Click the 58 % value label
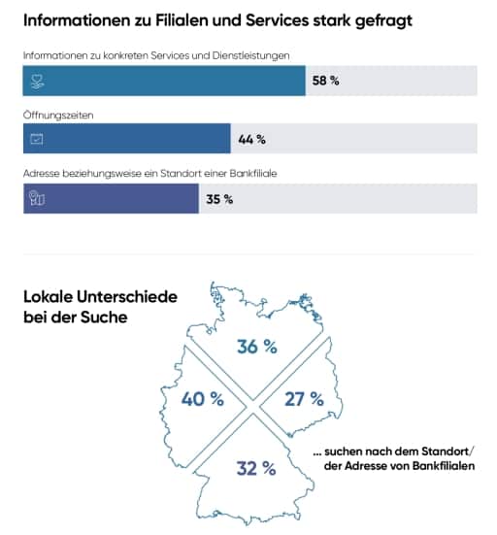click(x=325, y=81)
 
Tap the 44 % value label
click(x=251, y=139)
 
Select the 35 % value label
click(x=219, y=199)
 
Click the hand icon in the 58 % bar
click(x=37, y=82)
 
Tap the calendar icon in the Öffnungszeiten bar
click(x=37, y=139)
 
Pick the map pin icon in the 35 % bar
click(x=37, y=198)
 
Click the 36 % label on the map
click(x=257, y=347)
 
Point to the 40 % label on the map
click(x=202, y=398)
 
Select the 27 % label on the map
click(x=304, y=398)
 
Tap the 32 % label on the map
click(x=256, y=468)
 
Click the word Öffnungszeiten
click(x=58, y=116)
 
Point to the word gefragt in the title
click(x=383, y=21)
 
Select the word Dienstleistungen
click(x=250, y=56)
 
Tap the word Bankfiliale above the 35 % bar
click(x=253, y=174)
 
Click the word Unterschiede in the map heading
click(x=127, y=297)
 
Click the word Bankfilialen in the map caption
click(x=444, y=466)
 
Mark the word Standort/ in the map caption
click(x=447, y=451)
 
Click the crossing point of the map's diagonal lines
click(x=252, y=407)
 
